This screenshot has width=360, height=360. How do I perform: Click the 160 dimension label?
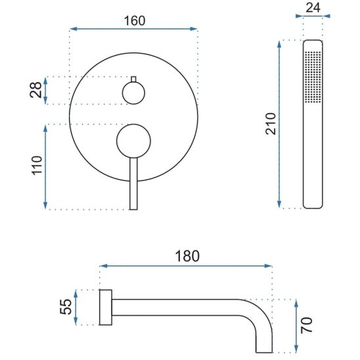point(135,20)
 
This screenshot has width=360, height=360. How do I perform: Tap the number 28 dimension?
point(36,90)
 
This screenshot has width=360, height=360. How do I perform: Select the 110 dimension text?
point(37,166)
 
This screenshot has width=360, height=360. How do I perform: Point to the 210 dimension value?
point(271,124)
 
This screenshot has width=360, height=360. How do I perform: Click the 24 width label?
point(313,8)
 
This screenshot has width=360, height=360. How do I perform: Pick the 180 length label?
point(187,256)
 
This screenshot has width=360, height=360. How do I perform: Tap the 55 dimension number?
point(66,307)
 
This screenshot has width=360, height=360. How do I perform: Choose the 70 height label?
point(307,325)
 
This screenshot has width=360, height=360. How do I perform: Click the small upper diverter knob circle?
point(133,93)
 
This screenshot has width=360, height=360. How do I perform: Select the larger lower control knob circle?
point(133,141)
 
